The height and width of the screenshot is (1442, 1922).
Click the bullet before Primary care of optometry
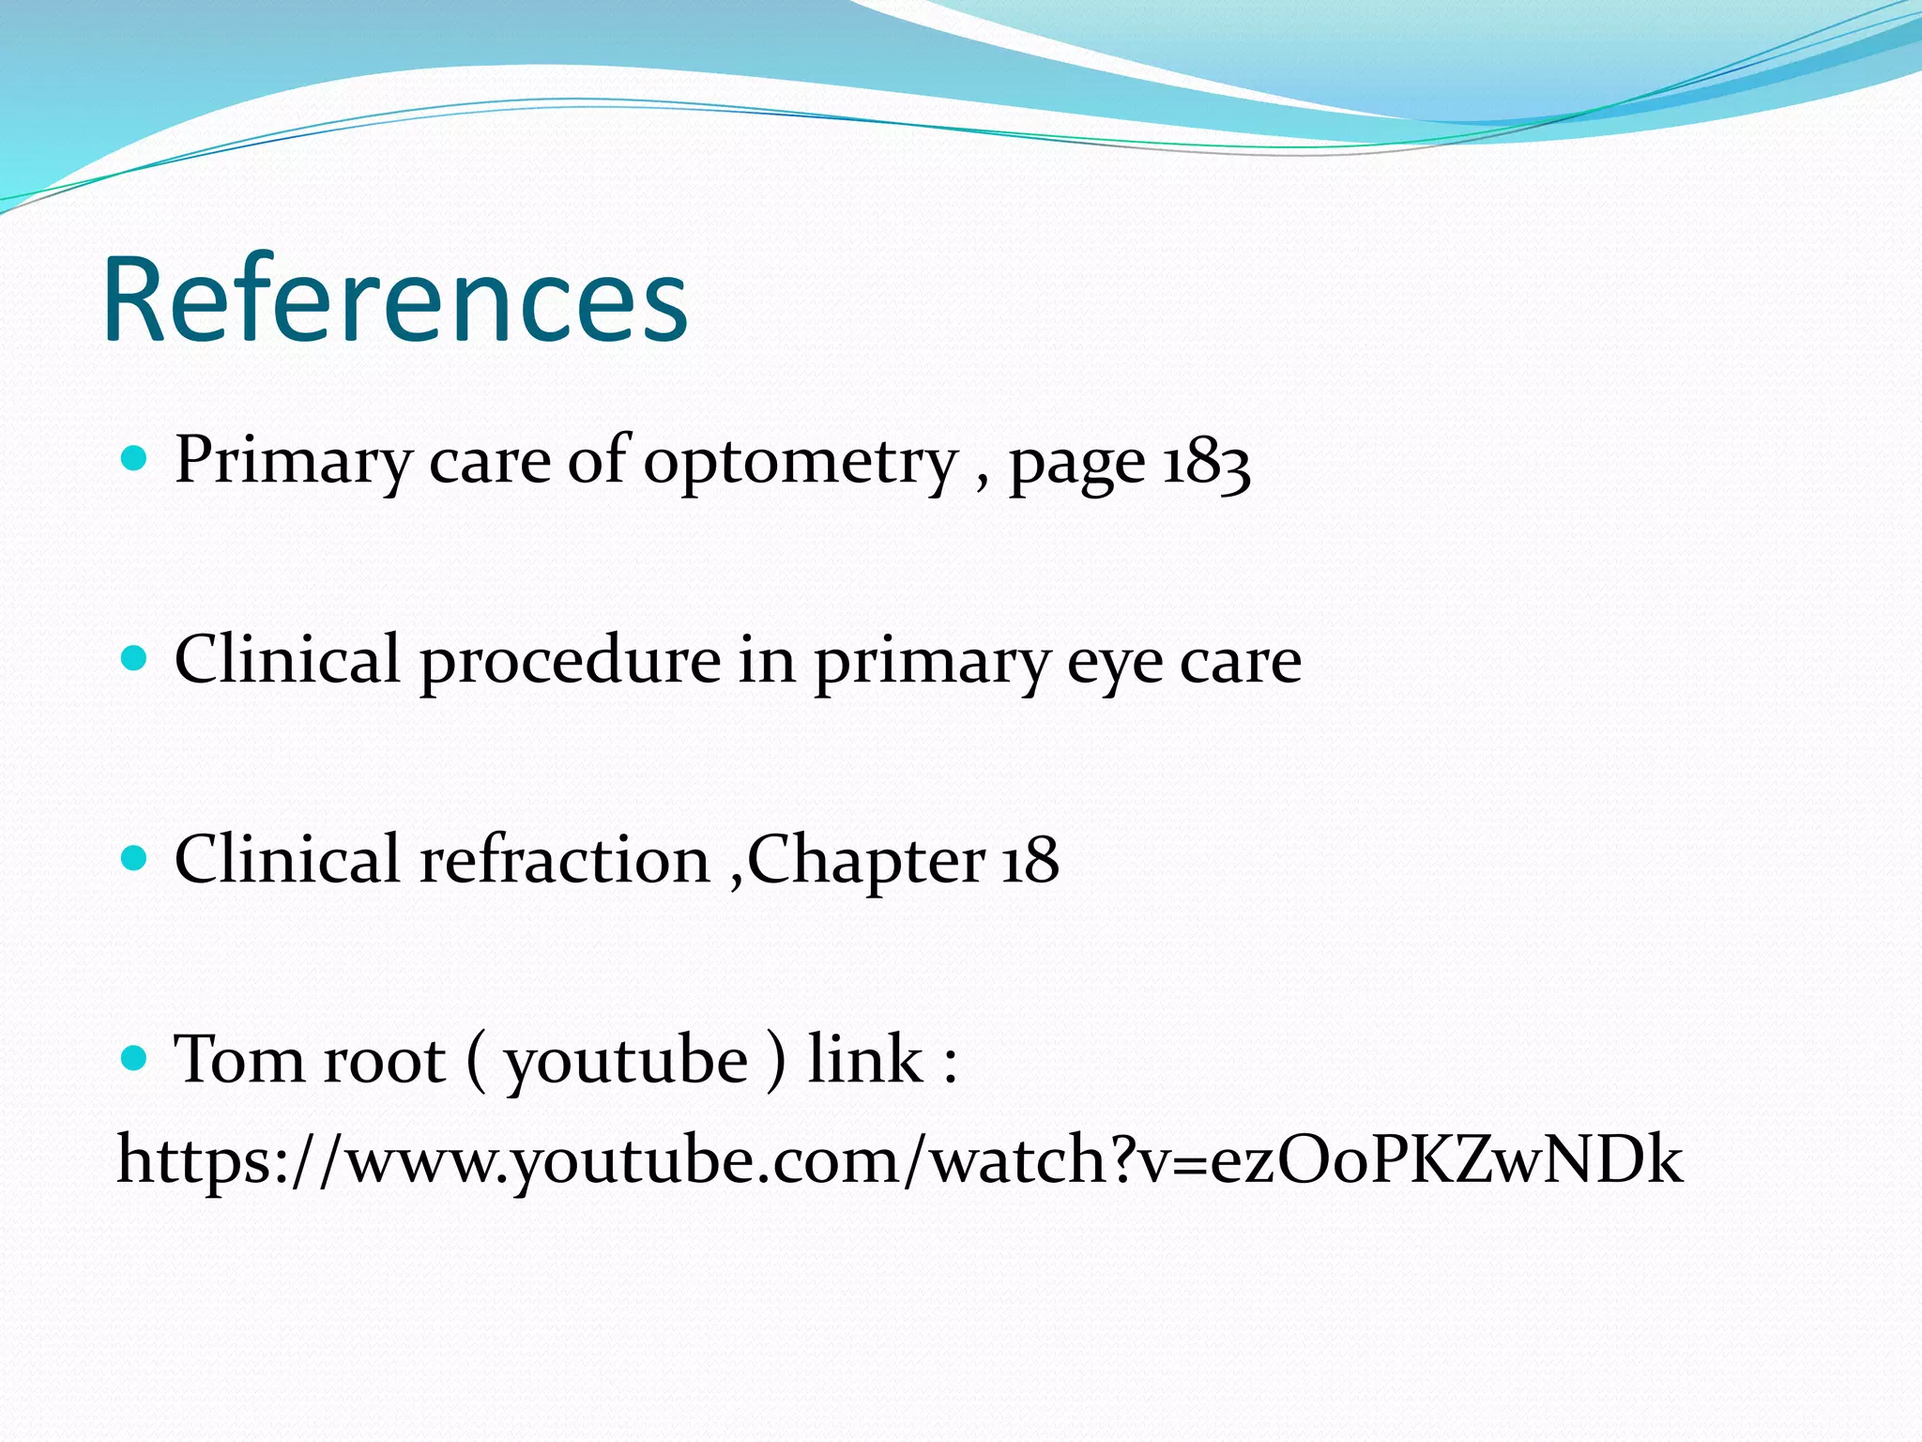pyautogui.click(x=136, y=459)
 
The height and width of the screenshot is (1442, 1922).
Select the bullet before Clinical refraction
pyautogui.click(x=136, y=858)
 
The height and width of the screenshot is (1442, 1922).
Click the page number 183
pyautogui.click(x=1207, y=463)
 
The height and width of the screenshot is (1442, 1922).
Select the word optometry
pyautogui.click(x=801, y=463)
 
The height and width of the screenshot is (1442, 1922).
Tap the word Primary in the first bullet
pyautogui.click(x=293, y=463)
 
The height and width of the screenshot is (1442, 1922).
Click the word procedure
pyautogui.click(x=570, y=662)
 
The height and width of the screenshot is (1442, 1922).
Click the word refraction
pyautogui.click(x=564, y=860)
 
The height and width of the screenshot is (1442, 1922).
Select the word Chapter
pyautogui.click(x=865, y=862)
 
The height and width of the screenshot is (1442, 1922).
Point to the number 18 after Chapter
pyautogui.click(x=1030, y=860)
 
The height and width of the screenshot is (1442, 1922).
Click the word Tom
pyautogui.click(x=238, y=1061)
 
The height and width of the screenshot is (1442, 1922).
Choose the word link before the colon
pyautogui.click(x=865, y=1061)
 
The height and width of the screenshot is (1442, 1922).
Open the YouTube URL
pyautogui.click(x=899, y=1160)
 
